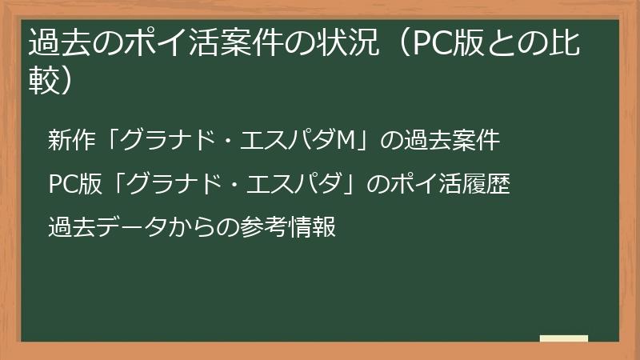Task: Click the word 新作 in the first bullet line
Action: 70,141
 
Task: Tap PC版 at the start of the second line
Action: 70,184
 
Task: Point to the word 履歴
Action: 489,184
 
